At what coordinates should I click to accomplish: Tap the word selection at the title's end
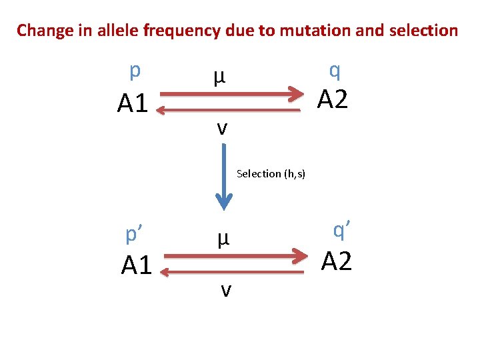[423, 31]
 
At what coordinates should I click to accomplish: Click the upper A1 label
[132, 103]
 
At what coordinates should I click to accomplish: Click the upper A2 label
[333, 99]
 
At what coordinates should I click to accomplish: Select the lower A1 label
[137, 265]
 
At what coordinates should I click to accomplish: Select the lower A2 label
[337, 261]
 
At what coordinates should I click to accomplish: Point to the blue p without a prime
[135, 71]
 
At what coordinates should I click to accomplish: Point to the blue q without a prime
[335, 69]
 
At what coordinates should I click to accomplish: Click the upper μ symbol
[219, 78]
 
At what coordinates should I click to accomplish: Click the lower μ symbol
[223, 238]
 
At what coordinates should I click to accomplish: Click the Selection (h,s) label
[271, 173]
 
